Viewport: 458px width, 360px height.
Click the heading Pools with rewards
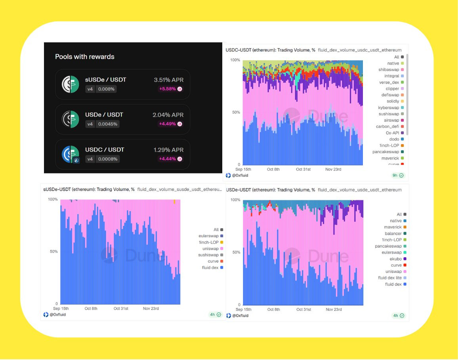(x=84, y=57)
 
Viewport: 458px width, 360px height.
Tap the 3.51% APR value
(x=168, y=80)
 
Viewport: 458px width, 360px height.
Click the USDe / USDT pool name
(x=104, y=114)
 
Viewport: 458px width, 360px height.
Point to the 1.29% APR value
(x=168, y=150)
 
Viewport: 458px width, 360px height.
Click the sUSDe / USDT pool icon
(x=71, y=84)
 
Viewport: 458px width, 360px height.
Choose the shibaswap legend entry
(x=388, y=70)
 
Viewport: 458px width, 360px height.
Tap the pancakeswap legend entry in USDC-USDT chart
(x=385, y=152)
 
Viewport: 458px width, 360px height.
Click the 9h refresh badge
(x=397, y=175)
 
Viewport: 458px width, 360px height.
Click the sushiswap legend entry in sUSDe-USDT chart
(x=208, y=255)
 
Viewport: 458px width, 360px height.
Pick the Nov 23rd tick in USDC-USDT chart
(x=333, y=169)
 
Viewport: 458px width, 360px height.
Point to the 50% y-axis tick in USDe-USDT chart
(x=235, y=252)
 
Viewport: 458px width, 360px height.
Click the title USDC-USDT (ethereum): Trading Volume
(x=270, y=50)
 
